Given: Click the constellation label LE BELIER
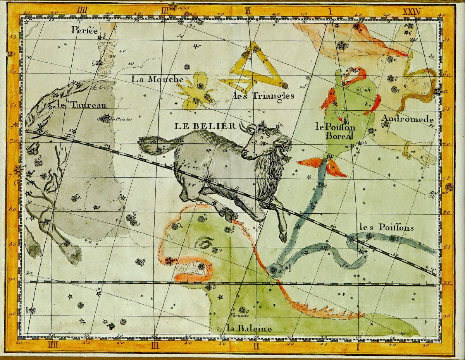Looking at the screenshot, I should [205, 126].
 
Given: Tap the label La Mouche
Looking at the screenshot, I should [157, 79].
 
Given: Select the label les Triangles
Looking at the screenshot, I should [263, 96].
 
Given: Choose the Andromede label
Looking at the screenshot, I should [407, 119].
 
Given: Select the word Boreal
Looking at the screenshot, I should [339, 136].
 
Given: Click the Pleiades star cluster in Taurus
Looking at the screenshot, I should [105, 118].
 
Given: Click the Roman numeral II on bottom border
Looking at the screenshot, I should [256, 346].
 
